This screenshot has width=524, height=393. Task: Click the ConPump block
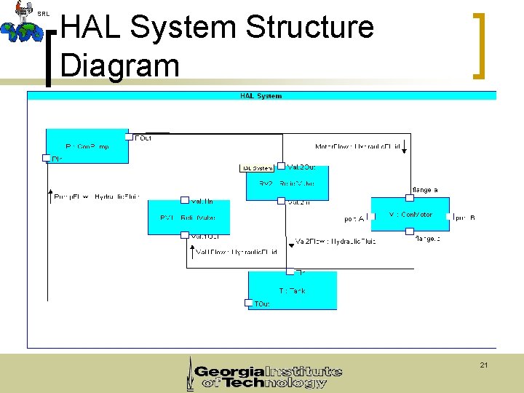[x=86, y=146]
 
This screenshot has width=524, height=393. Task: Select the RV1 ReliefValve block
[x=188, y=218]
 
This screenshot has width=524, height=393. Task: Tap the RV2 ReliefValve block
[x=287, y=183]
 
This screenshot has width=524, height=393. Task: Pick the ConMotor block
[x=409, y=215]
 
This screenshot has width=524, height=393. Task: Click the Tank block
[x=292, y=290]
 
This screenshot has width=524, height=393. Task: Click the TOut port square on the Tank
[x=249, y=303]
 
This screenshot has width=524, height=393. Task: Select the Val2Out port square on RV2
[x=281, y=167]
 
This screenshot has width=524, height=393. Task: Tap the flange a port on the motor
[x=409, y=196]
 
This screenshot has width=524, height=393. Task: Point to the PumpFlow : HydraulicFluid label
[x=96, y=196]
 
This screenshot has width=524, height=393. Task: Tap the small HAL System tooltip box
[x=258, y=168]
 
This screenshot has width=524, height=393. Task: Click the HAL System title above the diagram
[x=261, y=95]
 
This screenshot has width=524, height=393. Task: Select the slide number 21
[x=484, y=365]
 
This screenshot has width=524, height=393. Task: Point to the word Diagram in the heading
[x=120, y=65]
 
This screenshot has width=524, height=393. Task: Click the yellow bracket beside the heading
[x=478, y=45]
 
